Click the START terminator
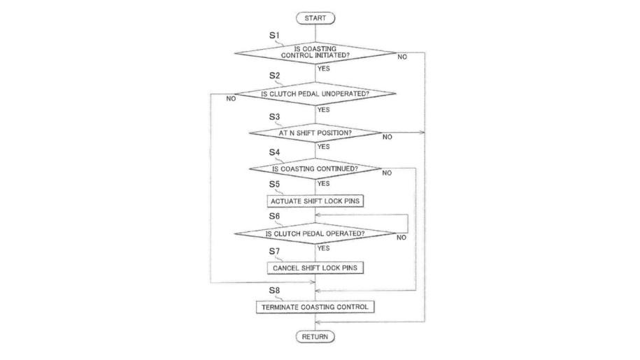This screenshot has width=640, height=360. coord(315,17)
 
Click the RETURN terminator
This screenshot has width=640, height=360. coord(315,337)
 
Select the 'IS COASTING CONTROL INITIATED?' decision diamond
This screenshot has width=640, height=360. coord(315,52)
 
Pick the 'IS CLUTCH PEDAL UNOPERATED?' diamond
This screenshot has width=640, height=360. coord(315,94)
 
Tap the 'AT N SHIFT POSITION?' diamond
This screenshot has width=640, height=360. coord(315,133)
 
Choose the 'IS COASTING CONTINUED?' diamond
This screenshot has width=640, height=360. coord(315,168)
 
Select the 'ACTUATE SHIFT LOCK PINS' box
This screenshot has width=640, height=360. coord(315,201)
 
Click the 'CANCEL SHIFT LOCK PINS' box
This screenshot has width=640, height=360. coord(315,268)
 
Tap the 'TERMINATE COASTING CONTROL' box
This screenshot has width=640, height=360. coord(315,307)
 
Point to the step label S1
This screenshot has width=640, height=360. coord(274,35)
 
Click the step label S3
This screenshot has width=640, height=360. coord(274,117)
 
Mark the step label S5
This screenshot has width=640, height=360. coord(274,184)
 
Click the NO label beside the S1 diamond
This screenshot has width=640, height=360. coord(402,57)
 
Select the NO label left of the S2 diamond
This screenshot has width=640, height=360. coord(231,99)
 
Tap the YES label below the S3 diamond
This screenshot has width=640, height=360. coord(323,147)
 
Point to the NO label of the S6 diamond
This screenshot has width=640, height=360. coord(401,238)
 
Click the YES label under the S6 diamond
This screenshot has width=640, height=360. coord(323,248)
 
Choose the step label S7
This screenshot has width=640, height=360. coord(274,250)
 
